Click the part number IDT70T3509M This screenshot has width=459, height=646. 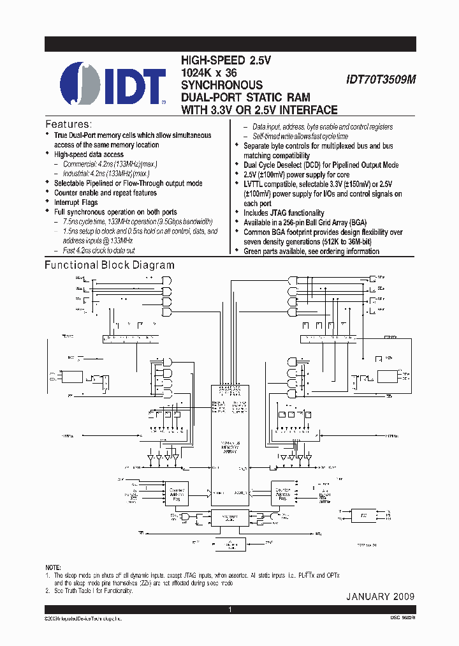click(380, 80)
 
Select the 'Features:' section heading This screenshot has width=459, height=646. click(68, 124)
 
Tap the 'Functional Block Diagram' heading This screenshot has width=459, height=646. click(109, 265)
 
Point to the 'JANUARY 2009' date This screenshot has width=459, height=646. click(380, 596)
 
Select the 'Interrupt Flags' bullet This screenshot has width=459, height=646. click(76, 202)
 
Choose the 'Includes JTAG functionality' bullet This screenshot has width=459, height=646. click(284, 213)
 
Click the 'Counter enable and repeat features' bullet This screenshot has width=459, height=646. click(105, 193)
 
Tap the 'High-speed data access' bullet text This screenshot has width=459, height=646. click(89, 154)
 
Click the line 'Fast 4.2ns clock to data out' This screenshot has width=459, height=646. click(103, 250)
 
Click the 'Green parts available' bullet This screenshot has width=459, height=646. click(311, 252)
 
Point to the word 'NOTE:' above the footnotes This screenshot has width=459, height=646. click(54, 567)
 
